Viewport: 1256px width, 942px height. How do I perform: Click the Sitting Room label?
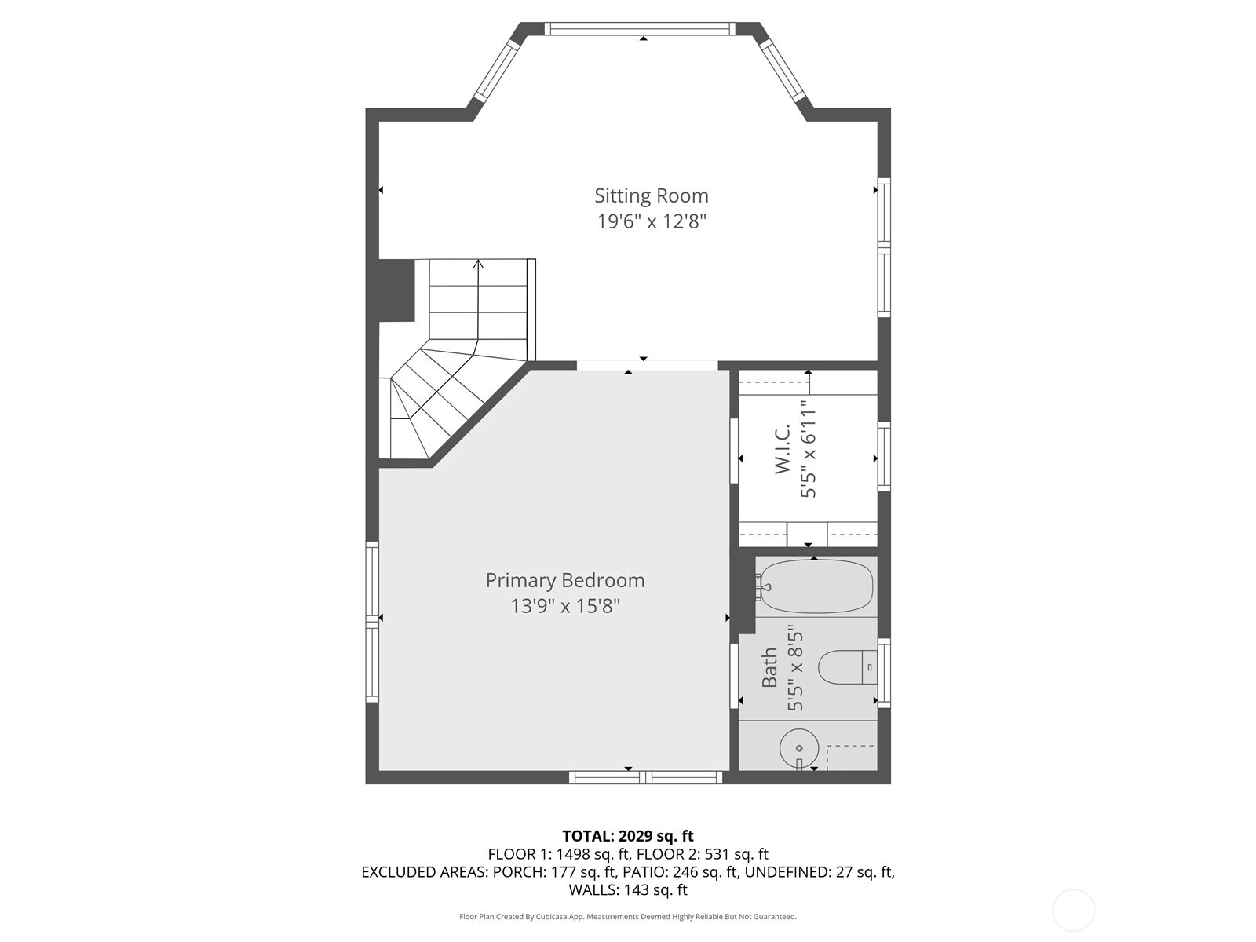652,195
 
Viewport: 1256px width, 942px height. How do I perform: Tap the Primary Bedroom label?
565,581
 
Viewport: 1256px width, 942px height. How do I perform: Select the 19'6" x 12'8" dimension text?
652,221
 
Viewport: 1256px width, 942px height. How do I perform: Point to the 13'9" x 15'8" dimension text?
565,606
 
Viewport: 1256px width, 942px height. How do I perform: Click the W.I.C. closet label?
782,448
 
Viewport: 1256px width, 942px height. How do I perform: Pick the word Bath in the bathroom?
769,667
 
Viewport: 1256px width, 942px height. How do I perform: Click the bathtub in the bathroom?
815,586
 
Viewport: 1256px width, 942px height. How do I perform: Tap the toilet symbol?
848,667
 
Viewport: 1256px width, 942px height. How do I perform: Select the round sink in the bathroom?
799,747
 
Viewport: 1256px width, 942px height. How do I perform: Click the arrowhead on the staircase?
478,265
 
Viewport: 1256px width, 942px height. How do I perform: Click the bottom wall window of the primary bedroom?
645,776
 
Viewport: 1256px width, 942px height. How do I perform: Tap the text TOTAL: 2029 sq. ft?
628,836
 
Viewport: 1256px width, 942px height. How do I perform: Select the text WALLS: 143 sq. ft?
628,890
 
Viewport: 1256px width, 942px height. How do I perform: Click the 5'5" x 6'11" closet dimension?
808,448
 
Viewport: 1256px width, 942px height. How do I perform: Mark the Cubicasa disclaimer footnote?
628,916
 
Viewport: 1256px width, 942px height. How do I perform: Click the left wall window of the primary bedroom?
372,622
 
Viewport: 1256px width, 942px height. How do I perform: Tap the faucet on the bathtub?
763,586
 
